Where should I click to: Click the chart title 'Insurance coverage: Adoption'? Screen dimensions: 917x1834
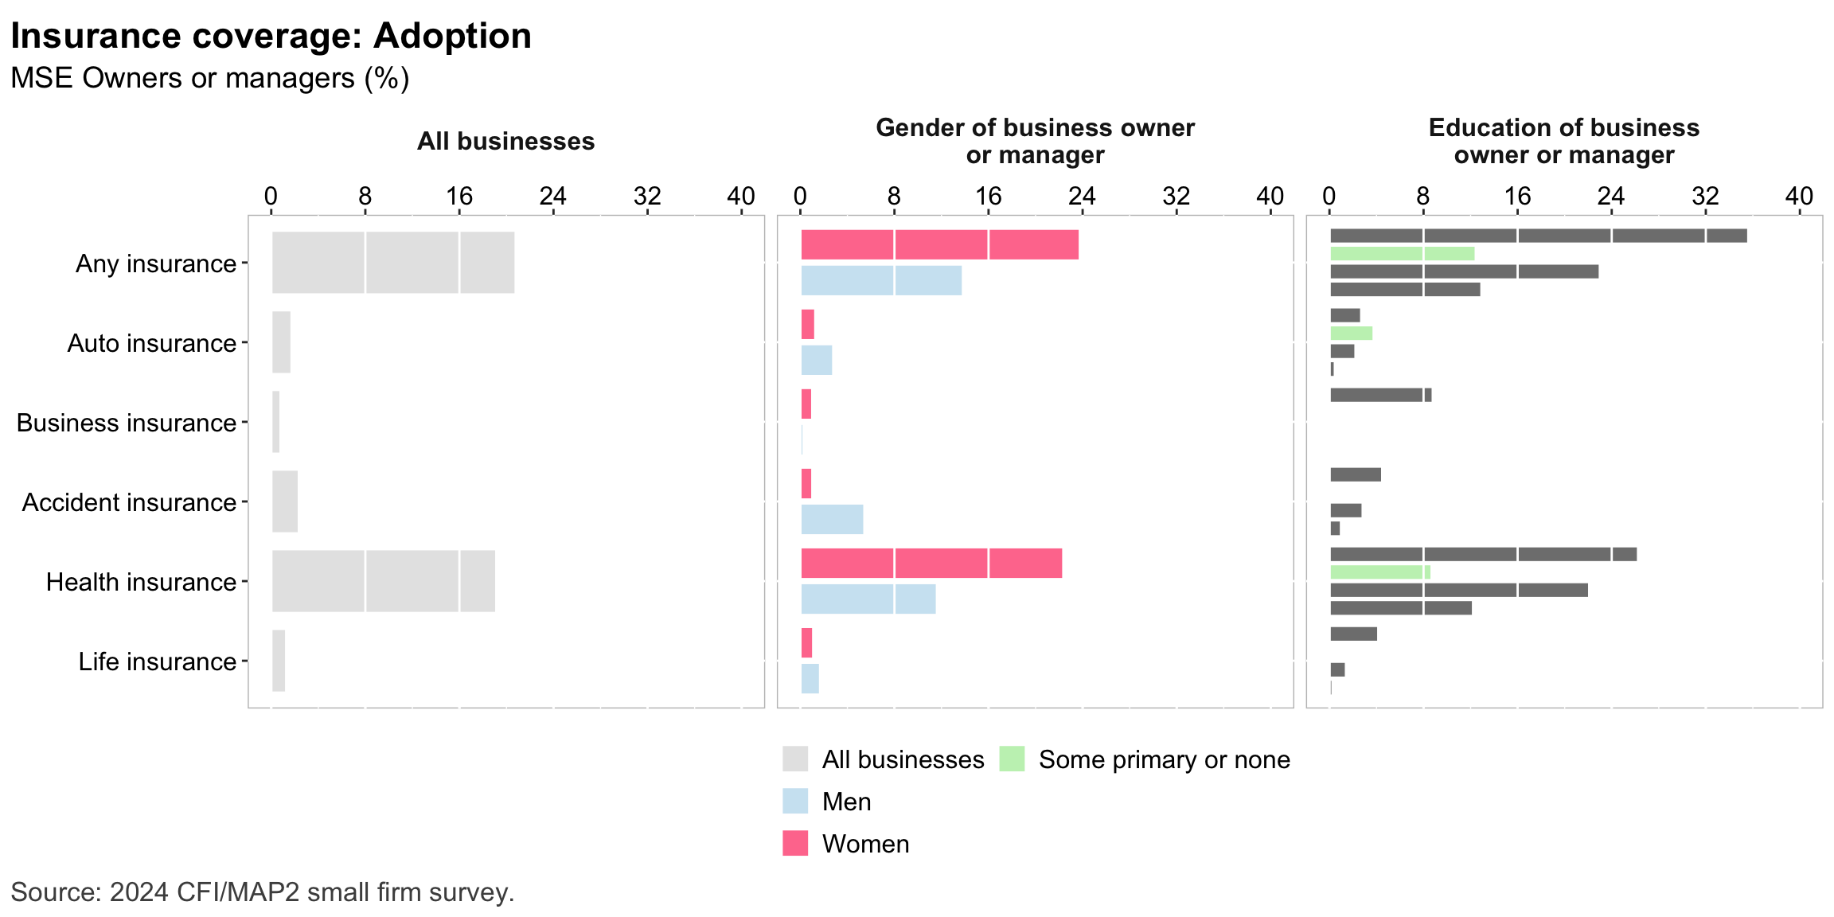point(271,37)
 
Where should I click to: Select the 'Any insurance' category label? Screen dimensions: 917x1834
point(156,263)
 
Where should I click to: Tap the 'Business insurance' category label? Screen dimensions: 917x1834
point(127,423)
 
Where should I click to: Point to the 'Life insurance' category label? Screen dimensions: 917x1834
point(158,661)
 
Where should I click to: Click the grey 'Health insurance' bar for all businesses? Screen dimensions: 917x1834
point(383,581)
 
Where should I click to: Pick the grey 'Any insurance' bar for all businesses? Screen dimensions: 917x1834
point(392,263)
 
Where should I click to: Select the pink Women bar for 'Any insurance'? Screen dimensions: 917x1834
point(939,244)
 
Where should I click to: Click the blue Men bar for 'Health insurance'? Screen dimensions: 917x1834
point(868,599)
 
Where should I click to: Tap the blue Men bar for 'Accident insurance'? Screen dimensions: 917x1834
point(832,519)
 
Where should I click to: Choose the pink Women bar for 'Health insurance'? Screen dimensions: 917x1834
point(931,563)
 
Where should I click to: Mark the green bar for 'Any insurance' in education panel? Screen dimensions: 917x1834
point(1402,254)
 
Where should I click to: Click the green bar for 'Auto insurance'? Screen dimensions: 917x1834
point(1351,334)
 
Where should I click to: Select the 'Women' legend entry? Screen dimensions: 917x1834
point(865,844)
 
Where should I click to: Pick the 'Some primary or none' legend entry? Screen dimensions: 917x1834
point(1164,759)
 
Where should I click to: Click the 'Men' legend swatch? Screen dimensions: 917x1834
point(795,801)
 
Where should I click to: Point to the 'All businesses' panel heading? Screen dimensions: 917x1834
point(505,142)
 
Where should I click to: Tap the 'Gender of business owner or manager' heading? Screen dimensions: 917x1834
point(1035,141)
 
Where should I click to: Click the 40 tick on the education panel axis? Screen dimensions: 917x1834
point(1799,196)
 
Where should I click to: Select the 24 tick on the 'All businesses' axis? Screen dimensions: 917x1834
point(553,196)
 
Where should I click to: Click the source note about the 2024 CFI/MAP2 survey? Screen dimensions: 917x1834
point(263,892)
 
